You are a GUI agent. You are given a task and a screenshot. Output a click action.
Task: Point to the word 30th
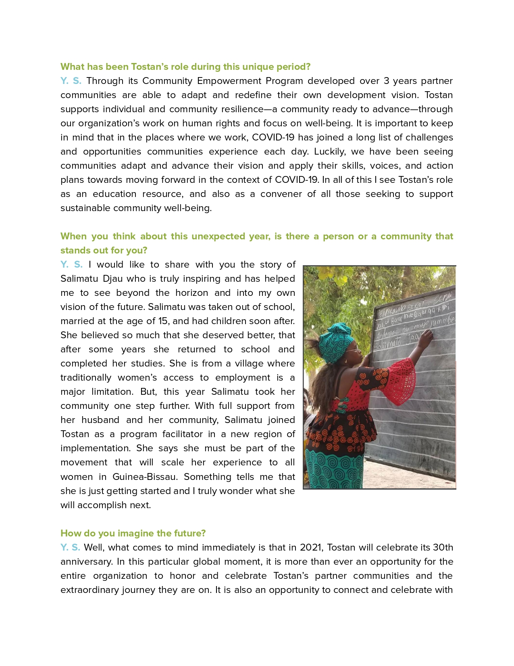point(443,548)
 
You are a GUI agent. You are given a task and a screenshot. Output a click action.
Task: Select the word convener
point(281,194)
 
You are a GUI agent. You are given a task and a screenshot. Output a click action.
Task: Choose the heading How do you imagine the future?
point(133,533)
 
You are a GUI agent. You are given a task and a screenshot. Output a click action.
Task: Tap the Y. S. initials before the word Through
point(71,81)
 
